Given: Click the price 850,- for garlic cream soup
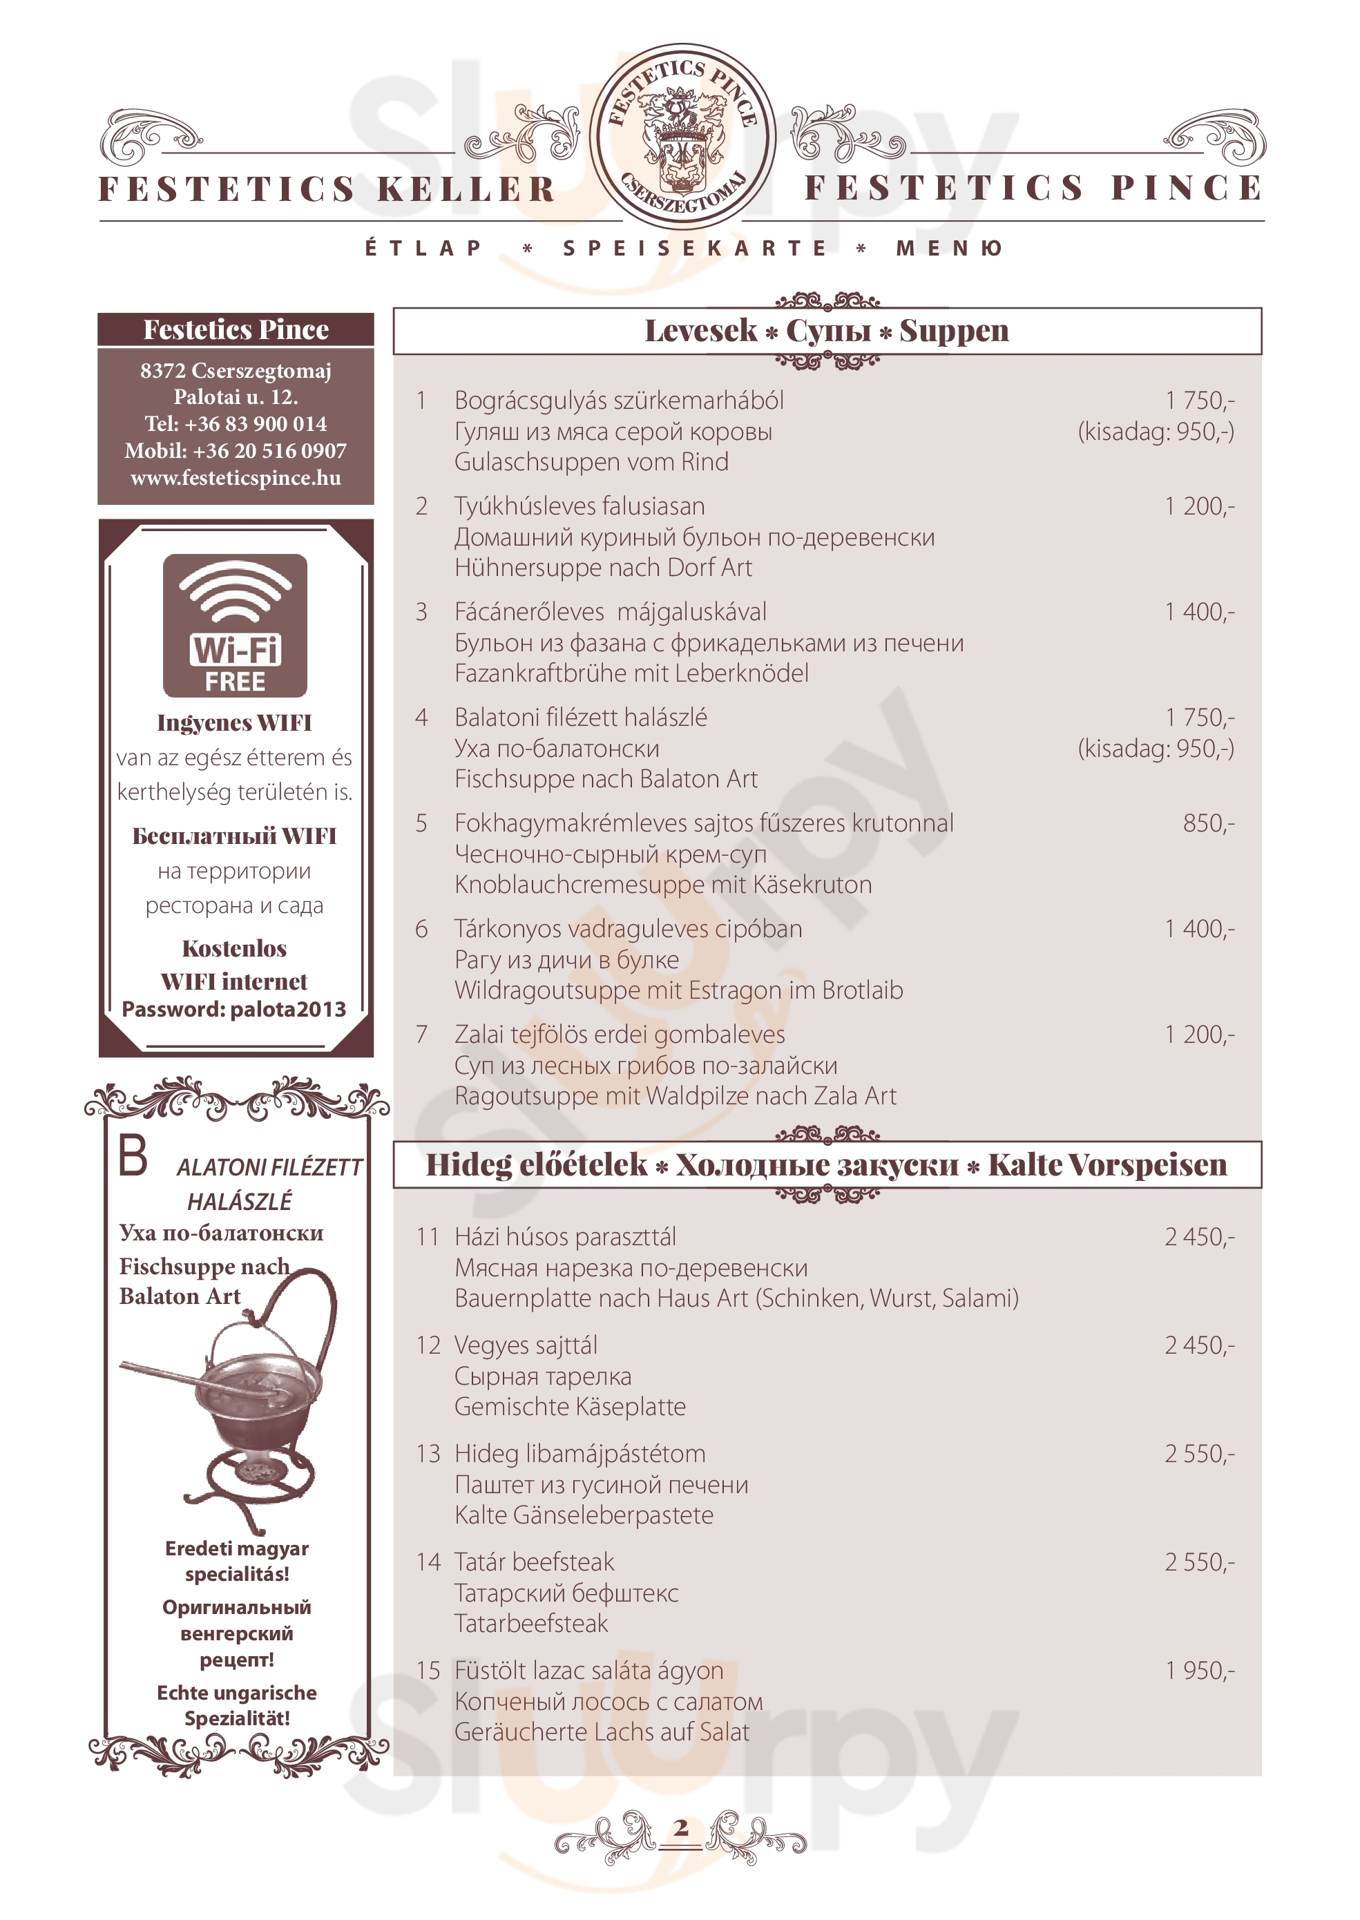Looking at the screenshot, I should (x=1207, y=823).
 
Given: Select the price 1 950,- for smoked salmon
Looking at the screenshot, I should (x=1199, y=1671).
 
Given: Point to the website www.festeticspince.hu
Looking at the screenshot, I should (x=236, y=478).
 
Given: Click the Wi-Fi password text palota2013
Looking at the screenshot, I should (x=288, y=1009).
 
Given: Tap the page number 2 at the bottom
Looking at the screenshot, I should (x=681, y=1828).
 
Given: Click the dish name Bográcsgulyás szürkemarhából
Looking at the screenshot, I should (x=619, y=401).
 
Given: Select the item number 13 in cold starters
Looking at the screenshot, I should (x=428, y=1454).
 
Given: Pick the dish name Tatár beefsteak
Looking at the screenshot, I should (x=535, y=1562).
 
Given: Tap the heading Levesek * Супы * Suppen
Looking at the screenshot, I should (x=827, y=331).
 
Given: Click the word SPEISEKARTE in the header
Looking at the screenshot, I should (x=694, y=249).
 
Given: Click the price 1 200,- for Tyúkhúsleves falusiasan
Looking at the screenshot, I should (x=1199, y=506).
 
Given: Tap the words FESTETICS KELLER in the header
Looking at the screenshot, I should (x=327, y=189).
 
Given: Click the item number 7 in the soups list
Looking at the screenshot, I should (x=422, y=1035).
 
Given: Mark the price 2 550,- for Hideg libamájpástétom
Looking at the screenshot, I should (x=1199, y=1454).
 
